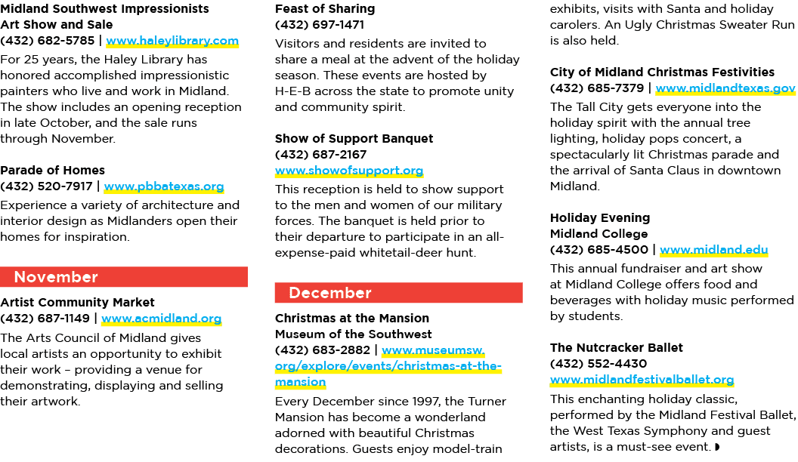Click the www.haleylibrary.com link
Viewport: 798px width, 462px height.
(172, 41)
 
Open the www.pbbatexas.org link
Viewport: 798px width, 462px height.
(164, 186)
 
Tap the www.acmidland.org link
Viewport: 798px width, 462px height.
(161, 319)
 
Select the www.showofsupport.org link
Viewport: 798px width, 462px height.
(349, 171)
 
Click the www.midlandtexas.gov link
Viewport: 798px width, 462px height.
(725, 88)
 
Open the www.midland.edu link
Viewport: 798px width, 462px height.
(713, 250)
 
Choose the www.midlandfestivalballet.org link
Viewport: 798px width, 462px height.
(642, 380)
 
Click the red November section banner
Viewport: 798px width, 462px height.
(124, 277)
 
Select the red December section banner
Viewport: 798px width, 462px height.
(398, 293)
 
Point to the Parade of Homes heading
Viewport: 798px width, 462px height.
(52, 171)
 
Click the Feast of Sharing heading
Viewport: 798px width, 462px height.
(325, 9)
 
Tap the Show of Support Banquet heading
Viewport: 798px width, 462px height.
(354, 139)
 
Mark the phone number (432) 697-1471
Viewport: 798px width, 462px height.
(320, 25)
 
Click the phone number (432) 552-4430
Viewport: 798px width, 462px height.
(598, 364)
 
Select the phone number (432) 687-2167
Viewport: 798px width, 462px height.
(320, 155)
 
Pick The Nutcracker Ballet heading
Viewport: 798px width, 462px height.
(617, 348)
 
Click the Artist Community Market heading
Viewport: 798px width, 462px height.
(77, 303)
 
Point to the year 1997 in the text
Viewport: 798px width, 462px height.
(425, 402)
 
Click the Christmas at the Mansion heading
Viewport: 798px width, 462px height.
(352, 318)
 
